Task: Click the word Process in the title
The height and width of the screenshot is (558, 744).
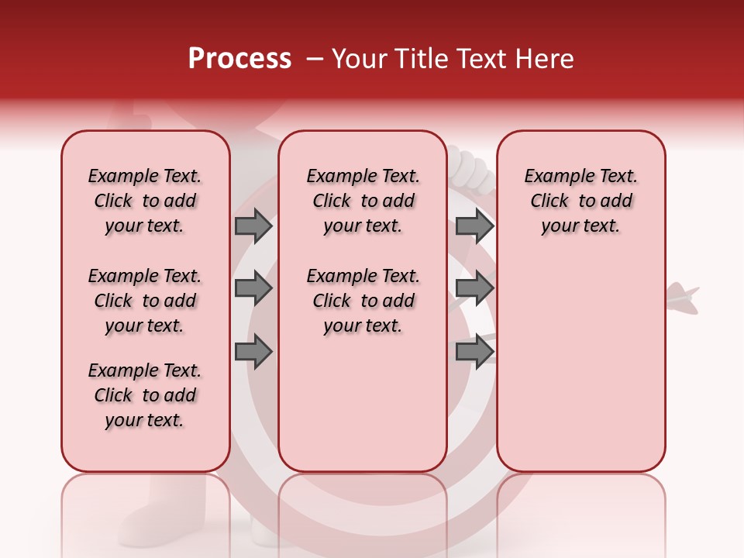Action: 239,59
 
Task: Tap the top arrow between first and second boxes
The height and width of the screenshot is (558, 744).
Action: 253,226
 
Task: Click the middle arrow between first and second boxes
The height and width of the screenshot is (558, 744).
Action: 253,288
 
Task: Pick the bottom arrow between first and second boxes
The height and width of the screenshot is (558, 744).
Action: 253,352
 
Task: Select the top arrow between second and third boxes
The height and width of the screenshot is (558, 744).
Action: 474,226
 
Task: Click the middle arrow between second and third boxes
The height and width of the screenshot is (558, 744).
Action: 474,288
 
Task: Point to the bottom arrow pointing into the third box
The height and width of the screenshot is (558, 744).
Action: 474,352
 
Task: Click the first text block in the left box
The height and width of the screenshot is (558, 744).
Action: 145,201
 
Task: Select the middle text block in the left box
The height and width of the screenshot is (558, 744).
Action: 145,301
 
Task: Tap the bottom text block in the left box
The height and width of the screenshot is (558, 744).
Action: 145,395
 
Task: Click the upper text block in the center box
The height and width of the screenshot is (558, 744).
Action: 363,201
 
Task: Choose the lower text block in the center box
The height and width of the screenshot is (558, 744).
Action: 363,301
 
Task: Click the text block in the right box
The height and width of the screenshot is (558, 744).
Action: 581,201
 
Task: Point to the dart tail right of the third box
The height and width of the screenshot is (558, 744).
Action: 683,297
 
